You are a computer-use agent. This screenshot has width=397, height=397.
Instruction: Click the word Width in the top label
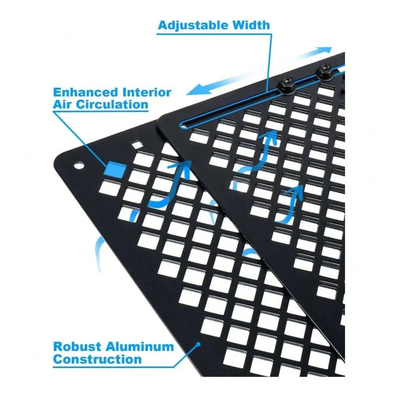point(251,25)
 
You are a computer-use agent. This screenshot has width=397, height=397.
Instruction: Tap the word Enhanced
point(86,93)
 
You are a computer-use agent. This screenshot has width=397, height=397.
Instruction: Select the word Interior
point(147,93)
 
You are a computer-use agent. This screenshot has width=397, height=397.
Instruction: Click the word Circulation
point(112,104)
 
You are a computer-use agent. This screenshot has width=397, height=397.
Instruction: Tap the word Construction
point(98,359)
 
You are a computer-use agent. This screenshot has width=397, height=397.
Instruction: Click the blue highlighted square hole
point(115,169)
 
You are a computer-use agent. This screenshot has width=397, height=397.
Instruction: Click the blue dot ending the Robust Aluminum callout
point(199,344)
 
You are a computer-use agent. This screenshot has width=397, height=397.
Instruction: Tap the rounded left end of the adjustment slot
point(182,125)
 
